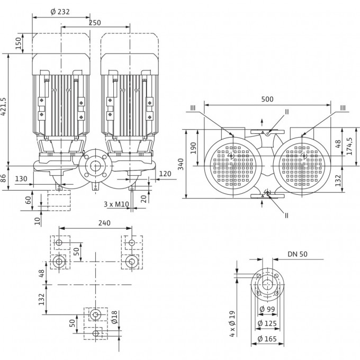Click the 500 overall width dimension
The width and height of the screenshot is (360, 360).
[x=268, y=100]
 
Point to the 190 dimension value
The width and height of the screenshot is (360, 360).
[x=194, y=147]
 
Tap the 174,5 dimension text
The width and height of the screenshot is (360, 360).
[x=349, y=147]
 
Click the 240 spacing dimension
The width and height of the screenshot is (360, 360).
[x=104, y=223]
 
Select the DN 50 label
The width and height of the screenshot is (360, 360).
[x=297, y=254]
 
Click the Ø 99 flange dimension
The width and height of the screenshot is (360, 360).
[x=267, y=310]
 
